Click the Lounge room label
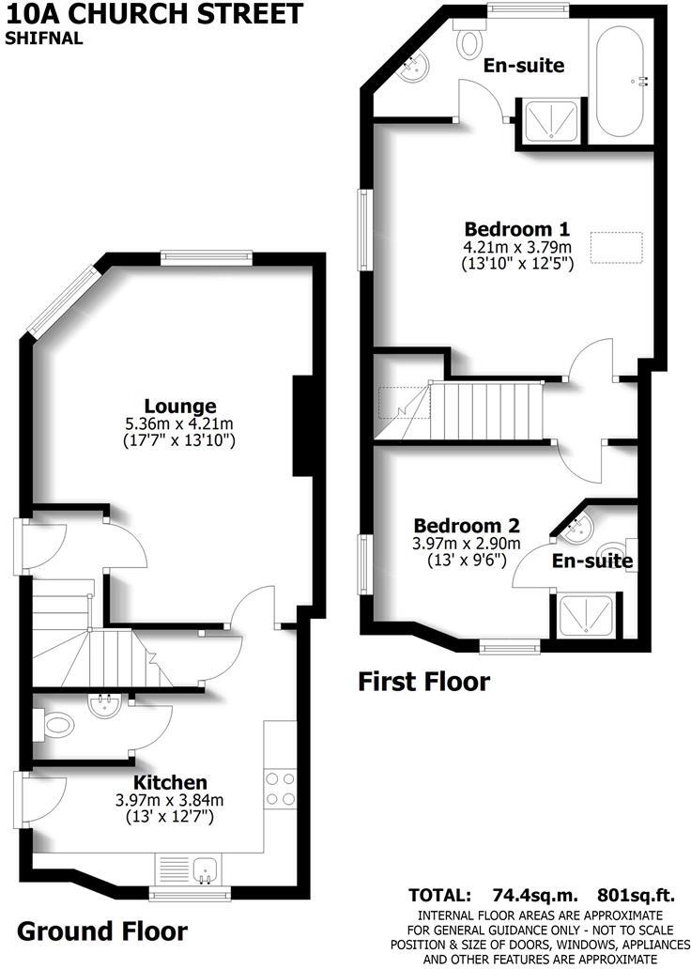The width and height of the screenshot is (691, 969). point(180,406)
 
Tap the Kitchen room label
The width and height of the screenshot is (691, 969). point(171,782)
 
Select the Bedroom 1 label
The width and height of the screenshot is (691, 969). point(516,229)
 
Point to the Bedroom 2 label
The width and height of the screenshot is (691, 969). point(467,526)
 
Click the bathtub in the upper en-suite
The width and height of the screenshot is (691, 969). point(620,79)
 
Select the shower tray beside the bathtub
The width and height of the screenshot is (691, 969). point(551,121)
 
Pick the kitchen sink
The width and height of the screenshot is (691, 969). point(205,870)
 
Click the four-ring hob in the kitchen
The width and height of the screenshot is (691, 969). point(280,789)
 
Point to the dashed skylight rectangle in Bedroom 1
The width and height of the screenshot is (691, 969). point(617,248)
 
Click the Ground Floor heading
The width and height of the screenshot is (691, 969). point(102,931)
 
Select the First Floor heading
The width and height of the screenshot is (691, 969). point(424,682)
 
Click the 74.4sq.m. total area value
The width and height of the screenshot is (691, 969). point(535,895)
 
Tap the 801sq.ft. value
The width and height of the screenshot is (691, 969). point(636,895)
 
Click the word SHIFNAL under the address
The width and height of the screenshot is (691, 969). point(43,38)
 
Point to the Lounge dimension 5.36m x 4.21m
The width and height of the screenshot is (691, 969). point(179,424)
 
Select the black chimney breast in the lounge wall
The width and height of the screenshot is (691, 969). point(303,425)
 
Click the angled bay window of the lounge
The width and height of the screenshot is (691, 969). point(63,302)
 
